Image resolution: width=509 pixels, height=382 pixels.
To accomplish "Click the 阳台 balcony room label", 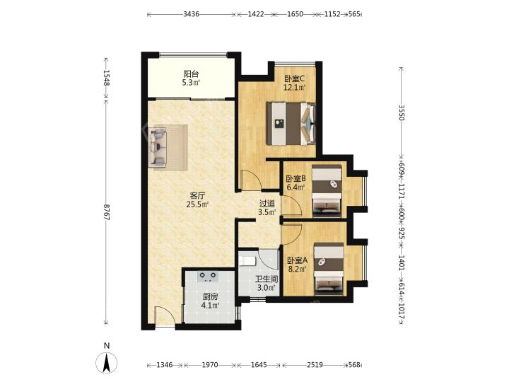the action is point(191,74).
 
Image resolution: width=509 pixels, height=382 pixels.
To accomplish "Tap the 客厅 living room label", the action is point(197,196).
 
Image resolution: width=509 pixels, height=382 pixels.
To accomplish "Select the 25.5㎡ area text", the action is point(197,204).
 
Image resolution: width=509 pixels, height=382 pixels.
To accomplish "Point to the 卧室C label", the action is point(295,79).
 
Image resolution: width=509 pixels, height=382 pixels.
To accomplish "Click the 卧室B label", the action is point(296,179).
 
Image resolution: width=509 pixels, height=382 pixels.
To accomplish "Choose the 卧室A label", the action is point(297,260).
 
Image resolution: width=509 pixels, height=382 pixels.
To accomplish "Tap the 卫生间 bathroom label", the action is point(267,279).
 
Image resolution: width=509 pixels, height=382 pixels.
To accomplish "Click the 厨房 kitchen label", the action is point(210,296).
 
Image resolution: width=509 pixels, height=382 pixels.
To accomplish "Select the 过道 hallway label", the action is point(267,204).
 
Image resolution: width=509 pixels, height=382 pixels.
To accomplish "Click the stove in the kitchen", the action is point(208,277).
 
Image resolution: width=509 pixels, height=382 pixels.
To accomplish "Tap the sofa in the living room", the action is point(158,147).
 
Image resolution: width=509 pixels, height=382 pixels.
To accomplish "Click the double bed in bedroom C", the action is point(291,123).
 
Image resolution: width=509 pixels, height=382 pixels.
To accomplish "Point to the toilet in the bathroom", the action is point(247,260).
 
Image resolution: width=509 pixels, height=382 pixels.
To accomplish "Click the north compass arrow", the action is point(107,362).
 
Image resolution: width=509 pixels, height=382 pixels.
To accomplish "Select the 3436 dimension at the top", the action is point(191,14).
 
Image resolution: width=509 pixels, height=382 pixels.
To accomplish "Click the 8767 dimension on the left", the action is point(107,212).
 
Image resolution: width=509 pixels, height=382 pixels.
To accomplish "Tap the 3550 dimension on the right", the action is point(402,112).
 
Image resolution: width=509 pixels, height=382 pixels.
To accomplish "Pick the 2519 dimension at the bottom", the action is point(315,365).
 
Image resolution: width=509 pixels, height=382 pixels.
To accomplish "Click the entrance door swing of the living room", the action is point(165,315).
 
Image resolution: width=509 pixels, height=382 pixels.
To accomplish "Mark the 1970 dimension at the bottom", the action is point(210,365).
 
